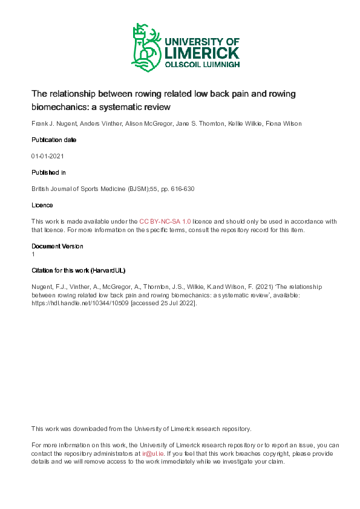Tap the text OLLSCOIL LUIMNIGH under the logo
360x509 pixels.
point(201,64)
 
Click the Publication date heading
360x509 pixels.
point(54,140)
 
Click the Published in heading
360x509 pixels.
point(50,173)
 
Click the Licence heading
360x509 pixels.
point(42,206)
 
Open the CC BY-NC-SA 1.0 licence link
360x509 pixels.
point(165,222)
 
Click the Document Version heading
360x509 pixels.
point(57,247)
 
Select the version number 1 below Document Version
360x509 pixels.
point(33,254)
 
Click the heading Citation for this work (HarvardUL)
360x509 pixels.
point(78,270)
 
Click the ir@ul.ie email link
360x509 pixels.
point(151,453)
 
